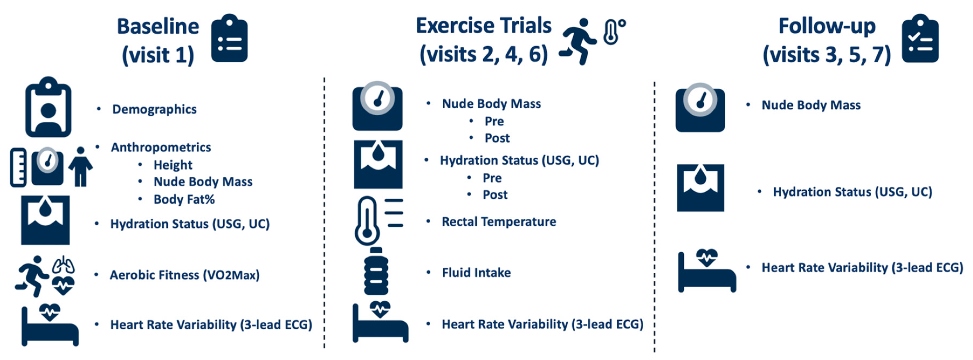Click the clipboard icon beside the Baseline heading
point(229,39)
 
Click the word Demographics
point(154,109)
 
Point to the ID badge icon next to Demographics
point(48,107)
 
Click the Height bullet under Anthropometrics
point(173,165)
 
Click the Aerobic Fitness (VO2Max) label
point(184,275)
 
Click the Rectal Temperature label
point(498,222)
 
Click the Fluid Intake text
point(476,273)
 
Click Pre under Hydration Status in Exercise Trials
point(492,178)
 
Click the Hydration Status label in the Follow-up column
point(852,192)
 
